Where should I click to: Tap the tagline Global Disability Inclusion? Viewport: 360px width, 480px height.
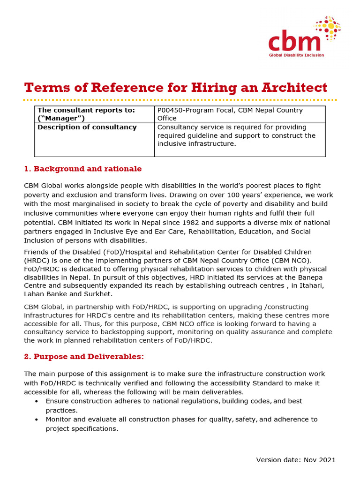tap(296, 55)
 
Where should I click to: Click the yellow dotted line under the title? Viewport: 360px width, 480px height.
tap(180, 100)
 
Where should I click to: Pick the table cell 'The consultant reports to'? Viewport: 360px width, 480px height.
tap(86, 114)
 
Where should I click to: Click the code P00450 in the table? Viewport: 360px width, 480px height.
tap(172, 110)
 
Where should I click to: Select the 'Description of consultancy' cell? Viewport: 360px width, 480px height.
tap(87, 127)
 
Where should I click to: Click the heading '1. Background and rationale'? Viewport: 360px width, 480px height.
tap(82, 169)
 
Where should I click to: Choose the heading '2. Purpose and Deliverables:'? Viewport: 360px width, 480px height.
tap(84, 357)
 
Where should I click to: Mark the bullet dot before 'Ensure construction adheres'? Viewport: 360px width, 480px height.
tap(37, 402)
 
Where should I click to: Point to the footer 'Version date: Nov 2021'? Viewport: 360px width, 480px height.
tap(296, 460)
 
